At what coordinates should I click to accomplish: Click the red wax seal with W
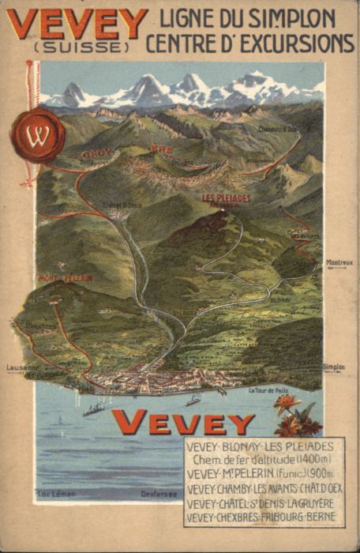[x=37, y=135]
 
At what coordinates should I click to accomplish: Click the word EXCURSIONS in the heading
[x=292, y=43]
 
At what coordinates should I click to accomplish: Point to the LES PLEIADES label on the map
[x=226, y=197]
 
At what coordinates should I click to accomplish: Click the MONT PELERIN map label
[x=66, y=278]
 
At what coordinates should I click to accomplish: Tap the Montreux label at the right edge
[x=339, y=263]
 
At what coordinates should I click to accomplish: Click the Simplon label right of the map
[x=334, y=367]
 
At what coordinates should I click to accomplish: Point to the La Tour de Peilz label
[x=271, y=390]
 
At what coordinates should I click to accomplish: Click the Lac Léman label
[x=56, y=495]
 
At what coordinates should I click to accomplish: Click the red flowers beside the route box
[x=298, y=416]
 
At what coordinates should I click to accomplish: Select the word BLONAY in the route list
[x=239, y=447]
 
